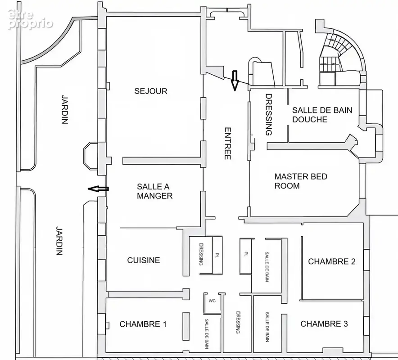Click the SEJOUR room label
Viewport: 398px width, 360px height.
151,91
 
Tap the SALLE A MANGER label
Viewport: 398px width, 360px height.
154,191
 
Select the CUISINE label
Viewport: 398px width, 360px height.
144,260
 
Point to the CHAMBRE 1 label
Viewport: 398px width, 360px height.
143,324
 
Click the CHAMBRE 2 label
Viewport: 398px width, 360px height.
332,261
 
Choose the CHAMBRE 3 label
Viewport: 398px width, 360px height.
324,324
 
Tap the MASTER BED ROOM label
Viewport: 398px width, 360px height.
301,181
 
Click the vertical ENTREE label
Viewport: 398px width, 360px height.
228,144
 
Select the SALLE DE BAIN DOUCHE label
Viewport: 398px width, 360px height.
322,115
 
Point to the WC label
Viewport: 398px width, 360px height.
212,301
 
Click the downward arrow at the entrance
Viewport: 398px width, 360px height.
235,81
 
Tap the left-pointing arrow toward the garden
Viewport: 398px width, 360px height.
98,189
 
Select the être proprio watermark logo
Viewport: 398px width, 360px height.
31,19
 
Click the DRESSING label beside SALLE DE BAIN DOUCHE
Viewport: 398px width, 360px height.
269,115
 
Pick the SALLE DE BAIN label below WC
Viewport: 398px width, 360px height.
207,333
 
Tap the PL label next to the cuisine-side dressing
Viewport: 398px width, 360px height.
217,254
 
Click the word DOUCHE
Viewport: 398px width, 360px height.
310,120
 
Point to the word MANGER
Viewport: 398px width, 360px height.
154,196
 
